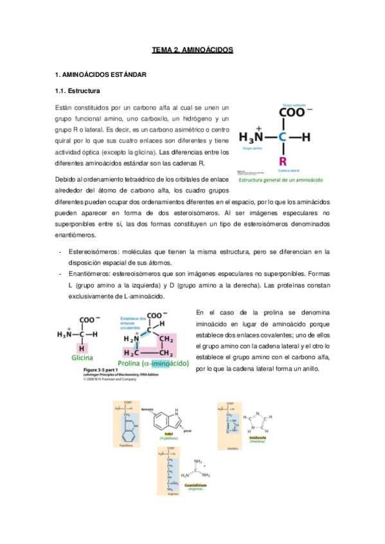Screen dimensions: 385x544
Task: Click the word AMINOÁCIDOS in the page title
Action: (207, 49)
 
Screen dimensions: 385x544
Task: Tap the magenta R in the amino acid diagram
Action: (282, 160)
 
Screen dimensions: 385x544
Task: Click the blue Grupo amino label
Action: (253, 148)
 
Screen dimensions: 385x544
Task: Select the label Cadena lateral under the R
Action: (288, 170)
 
